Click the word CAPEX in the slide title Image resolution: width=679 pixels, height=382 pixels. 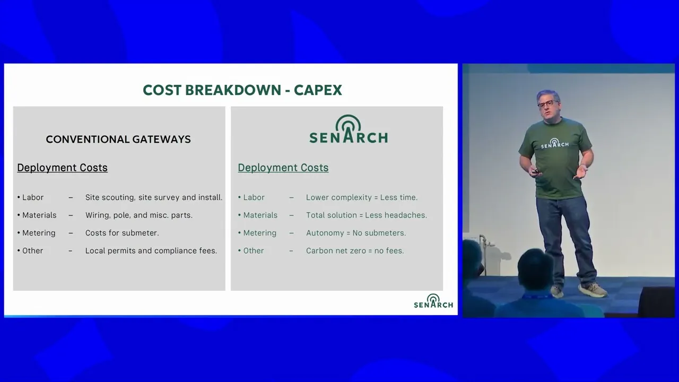click(318, 90)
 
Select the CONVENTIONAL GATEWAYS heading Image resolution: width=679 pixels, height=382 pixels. click(118, 139)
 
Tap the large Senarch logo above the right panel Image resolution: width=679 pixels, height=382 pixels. click(349, 129)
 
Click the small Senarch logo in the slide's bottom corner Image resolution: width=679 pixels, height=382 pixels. click(433, 301)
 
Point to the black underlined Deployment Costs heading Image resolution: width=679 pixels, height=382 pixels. click(62, 168)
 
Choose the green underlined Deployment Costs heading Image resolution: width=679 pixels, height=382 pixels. click(283, 168)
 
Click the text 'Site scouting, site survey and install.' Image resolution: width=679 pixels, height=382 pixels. click(154, 197)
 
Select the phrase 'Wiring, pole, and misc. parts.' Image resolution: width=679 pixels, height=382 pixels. click(139, 215)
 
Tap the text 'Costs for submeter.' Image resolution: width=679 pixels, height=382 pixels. click(122, 233)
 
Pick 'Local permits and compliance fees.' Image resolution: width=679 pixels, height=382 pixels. click(151, 251)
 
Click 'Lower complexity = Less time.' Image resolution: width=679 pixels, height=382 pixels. click(362, 197)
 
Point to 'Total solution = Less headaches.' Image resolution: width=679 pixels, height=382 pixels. click(367, 215)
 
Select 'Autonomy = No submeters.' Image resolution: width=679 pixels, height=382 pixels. click(356, 233)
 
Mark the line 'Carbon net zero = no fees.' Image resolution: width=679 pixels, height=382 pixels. click(355, 251)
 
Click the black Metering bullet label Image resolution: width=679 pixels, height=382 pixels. click(39, 233)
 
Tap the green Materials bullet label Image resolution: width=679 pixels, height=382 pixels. click(260, 215)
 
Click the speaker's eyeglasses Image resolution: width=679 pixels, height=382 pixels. click(549, 104)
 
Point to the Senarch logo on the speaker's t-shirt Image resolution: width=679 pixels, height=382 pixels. click(555, 144)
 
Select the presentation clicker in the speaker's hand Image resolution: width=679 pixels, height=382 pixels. click(536, 172)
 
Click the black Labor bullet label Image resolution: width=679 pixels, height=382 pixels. click(33, 197)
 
